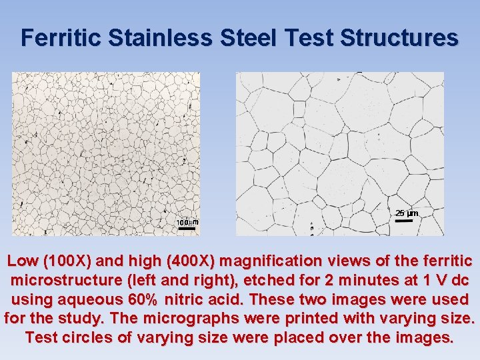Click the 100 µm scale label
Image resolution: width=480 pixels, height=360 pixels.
click(187, 221)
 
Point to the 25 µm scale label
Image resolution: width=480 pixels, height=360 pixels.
click(406, 213)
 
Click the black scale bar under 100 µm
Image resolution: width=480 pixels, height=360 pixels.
click(187, 229)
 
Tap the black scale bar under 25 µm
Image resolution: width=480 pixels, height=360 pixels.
click(404, 221)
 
